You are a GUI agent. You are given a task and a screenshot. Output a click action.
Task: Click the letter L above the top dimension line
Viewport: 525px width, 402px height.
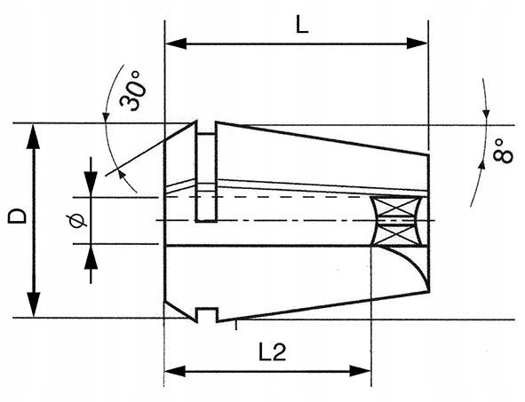(301, 25)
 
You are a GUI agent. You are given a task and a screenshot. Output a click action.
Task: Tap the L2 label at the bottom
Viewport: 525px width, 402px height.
(272, 352)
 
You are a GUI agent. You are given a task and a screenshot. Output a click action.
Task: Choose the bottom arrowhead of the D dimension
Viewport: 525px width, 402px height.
(34, 308)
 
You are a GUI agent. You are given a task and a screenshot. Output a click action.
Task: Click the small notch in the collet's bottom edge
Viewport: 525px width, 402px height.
(206, 314)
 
